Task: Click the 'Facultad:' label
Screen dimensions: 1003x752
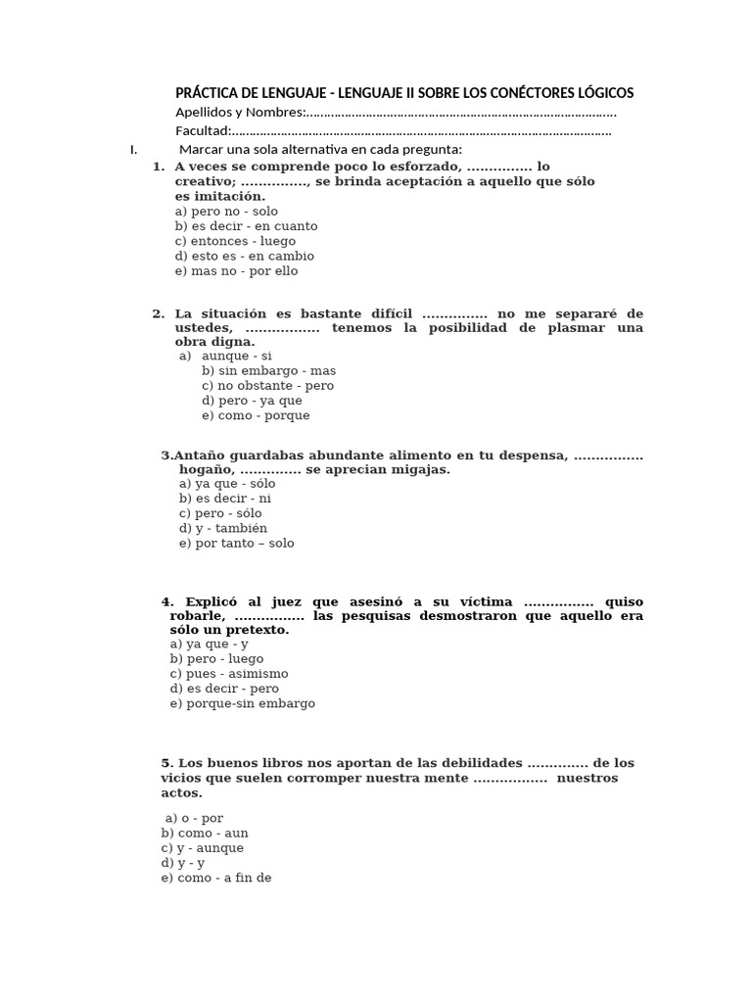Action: (204, 131)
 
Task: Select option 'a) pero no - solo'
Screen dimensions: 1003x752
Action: (226, 211)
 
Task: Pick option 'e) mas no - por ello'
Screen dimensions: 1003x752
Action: (236, 270)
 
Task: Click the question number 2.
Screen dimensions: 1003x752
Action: (158, 313)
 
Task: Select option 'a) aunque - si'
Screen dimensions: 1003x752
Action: (225, 356)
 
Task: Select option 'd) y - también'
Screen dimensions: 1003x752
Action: (223, 528)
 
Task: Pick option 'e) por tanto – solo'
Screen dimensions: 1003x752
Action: (236, 543)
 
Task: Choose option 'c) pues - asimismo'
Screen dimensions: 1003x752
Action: (228, 674)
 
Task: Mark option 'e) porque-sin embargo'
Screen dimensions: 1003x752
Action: (242, 703)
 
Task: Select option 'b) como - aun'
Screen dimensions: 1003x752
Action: (205, 833)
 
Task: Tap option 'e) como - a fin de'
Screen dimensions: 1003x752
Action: (216, 878)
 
